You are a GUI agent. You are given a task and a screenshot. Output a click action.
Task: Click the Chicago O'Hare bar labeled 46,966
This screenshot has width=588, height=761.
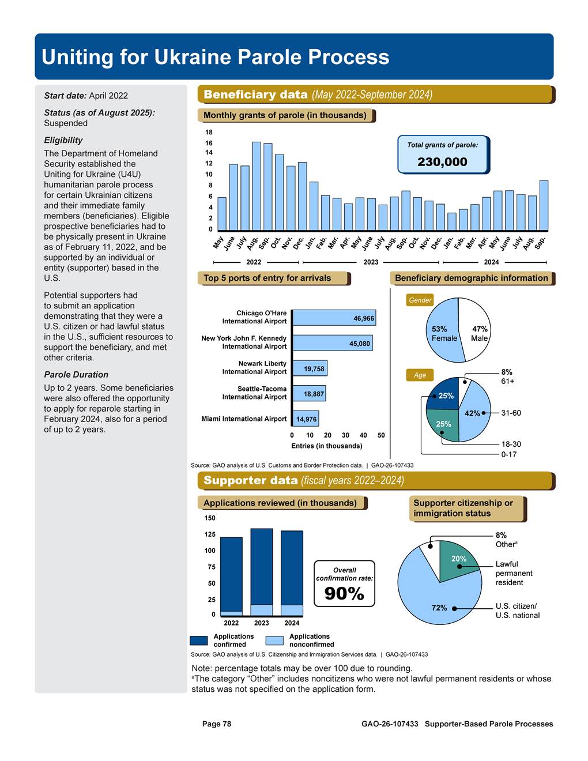334,318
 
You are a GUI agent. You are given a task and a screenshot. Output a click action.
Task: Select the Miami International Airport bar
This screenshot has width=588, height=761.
306,419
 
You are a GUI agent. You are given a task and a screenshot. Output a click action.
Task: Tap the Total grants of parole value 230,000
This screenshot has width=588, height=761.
442,162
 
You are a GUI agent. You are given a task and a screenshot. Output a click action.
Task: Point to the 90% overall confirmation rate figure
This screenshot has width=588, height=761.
344,593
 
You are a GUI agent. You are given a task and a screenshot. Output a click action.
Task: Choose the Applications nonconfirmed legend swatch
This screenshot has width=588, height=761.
274,641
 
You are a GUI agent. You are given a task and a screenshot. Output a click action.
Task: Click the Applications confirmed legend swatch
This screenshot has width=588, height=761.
198,641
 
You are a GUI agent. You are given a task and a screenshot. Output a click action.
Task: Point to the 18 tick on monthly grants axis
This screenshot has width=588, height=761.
209,133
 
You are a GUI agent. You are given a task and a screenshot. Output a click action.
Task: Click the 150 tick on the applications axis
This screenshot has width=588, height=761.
210,518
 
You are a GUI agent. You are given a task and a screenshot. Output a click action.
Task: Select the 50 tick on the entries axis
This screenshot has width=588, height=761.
381,435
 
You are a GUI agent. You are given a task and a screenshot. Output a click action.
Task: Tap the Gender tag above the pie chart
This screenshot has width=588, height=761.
420,300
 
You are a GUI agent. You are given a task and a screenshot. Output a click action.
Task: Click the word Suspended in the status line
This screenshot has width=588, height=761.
66,123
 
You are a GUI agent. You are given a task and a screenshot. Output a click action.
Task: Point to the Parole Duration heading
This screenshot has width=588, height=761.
76,375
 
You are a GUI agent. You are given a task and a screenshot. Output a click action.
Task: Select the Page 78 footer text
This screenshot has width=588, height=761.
216,724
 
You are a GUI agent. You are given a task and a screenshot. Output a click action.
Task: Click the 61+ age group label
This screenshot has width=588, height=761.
507,381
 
